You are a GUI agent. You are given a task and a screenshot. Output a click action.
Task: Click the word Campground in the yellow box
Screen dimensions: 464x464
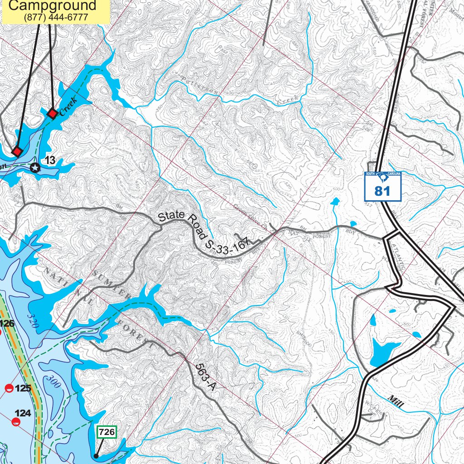tap(53, 5)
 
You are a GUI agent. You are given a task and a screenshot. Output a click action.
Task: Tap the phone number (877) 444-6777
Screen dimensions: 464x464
tap(56, 18)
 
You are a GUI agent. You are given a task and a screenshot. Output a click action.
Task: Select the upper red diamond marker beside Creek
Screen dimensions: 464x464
tap(53, 113)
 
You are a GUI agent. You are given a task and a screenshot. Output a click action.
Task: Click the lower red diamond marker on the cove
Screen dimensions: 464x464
tap(17, 151)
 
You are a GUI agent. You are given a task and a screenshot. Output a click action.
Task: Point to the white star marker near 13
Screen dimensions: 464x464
tap(35, 168)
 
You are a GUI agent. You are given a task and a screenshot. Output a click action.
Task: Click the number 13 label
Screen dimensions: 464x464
tap(50, 160)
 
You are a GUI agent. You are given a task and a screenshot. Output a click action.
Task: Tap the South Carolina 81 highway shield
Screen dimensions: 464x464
tap(383, 186)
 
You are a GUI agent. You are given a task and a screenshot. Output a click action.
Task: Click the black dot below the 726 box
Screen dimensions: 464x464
tap(96, 456)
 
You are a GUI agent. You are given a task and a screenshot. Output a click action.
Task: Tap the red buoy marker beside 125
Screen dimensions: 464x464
tap(9, 388)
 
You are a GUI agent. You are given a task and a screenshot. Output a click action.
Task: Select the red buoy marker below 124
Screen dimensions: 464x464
tap(16, 422)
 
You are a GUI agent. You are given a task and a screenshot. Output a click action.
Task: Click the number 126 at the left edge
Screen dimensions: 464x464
tap(7, 324)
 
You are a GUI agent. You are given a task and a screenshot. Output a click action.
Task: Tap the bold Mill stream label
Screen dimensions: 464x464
tap(395, 401)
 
